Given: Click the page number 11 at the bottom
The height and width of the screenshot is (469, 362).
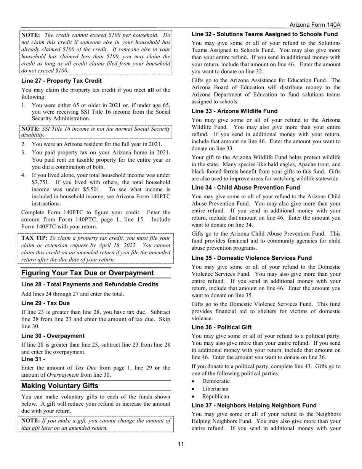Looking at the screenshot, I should (181, 444).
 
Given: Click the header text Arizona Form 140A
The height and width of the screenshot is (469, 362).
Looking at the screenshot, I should (315, 25).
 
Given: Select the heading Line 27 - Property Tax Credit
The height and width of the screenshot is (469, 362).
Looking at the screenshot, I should (61, 81).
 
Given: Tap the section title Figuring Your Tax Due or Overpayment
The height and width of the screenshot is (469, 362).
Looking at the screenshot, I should (87, 273).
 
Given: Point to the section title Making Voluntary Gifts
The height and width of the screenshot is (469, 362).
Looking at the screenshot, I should (59, 386).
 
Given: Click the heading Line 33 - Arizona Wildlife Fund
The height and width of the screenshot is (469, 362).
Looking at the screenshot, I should (234, 111).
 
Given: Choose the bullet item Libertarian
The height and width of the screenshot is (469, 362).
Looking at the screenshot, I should (215, 389).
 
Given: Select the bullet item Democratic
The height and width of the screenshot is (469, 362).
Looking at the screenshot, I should (216, 381).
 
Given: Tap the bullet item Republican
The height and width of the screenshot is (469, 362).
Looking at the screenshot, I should (216, 397).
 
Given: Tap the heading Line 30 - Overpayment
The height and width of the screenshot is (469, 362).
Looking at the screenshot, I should (53, 336).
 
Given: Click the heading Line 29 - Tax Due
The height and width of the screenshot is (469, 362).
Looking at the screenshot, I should (45, 303).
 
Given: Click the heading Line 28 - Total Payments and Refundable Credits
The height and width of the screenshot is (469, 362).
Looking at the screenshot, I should (90, 284).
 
